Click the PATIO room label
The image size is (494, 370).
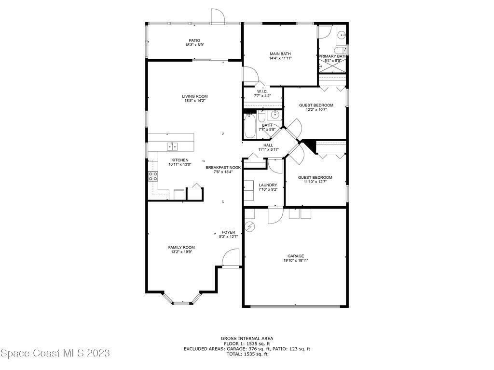click(194, 40)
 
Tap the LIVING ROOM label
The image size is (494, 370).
click(195, 96)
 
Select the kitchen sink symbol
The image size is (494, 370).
click(172, 146)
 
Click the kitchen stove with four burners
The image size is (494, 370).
click(153, 176)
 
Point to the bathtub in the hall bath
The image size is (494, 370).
click(250, 126)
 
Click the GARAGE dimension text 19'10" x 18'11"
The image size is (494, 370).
click(296, 261)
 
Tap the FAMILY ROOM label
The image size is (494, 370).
click(181, 248)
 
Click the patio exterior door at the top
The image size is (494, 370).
click(218, 16)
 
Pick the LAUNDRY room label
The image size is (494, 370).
click(268, 185)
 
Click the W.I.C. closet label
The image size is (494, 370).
click(262, 91)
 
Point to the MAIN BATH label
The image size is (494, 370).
click(280, 54)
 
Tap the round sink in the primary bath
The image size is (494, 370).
click(341, 35)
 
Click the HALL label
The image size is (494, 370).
click(268, 145)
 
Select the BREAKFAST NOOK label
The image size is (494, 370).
click(223, 168)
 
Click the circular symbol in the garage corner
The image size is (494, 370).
click(250, 226)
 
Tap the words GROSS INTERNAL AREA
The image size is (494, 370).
click(247, 339)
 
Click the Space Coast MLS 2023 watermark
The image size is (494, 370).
click(55, 353)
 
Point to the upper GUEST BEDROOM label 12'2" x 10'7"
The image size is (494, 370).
click(316, 106)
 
